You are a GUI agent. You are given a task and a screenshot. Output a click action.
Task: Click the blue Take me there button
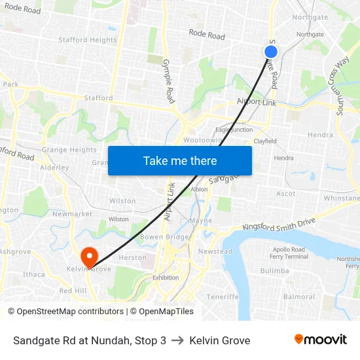180,160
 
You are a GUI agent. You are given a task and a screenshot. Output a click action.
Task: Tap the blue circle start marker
271,52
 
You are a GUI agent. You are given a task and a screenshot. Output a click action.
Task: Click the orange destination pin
87,256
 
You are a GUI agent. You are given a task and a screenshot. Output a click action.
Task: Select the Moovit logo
320,340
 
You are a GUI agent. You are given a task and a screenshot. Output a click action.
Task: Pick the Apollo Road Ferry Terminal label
289,253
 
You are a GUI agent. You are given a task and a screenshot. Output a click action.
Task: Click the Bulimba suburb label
274,270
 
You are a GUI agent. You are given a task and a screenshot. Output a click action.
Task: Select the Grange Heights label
69,150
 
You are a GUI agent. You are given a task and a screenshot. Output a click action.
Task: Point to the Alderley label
54,168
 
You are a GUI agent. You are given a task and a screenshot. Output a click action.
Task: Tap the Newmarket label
72,214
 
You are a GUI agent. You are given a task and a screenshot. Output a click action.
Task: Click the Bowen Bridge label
156,236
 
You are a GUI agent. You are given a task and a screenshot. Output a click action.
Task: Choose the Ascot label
285,194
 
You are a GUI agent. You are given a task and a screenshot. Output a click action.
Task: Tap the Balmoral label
299,297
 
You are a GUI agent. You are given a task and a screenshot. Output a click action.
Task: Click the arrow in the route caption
177,340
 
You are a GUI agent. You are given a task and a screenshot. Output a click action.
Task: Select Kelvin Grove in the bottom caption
219,340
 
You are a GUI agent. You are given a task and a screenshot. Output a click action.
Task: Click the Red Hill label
73,291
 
